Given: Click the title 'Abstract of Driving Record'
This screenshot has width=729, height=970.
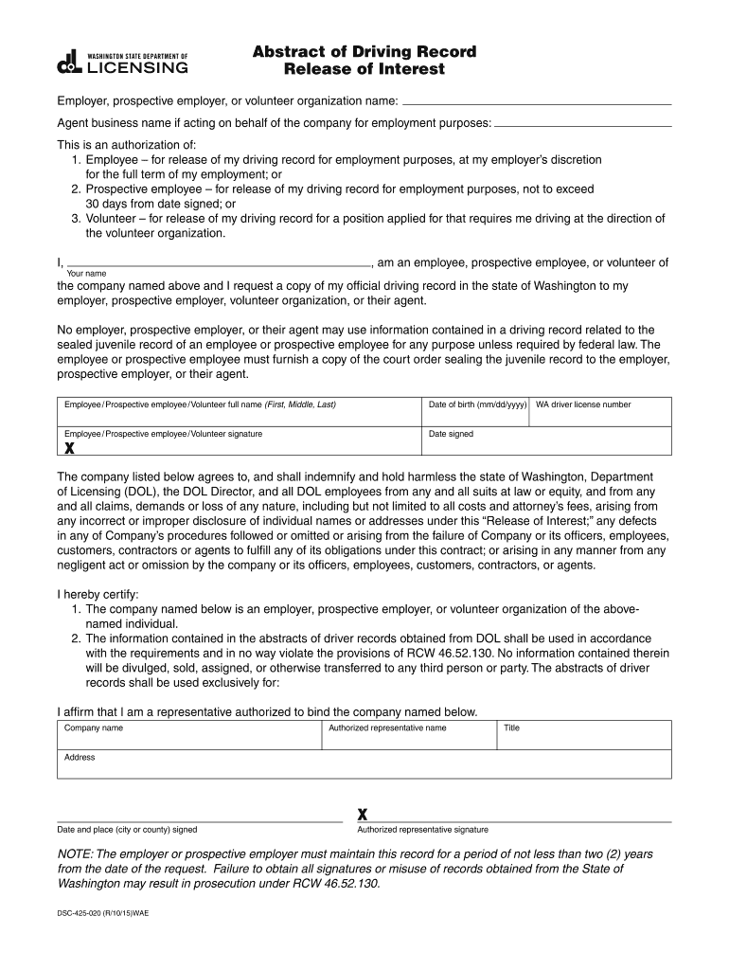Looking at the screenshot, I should [x=364, y=51].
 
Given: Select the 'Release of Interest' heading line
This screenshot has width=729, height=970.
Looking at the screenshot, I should [x=364, y=70].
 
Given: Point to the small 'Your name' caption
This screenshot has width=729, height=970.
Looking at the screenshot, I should [x=86, y=274].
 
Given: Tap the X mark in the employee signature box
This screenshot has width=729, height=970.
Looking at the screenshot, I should [x=69, y=448].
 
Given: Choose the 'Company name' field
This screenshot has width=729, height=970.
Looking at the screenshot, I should [x=189, y=735].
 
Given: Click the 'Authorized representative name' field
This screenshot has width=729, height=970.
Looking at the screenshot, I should [x=409, y=735].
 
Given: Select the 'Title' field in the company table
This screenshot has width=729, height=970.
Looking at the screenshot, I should [x=584, y=735].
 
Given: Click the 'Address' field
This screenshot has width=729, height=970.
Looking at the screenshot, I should [x=364, y=764].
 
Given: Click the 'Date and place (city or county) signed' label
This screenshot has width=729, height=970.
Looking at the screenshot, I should [x=128, y=830].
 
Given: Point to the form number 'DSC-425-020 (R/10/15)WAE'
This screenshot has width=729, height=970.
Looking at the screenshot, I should [x=103, y=913].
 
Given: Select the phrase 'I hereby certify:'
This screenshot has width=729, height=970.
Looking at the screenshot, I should [x=98, y=594].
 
